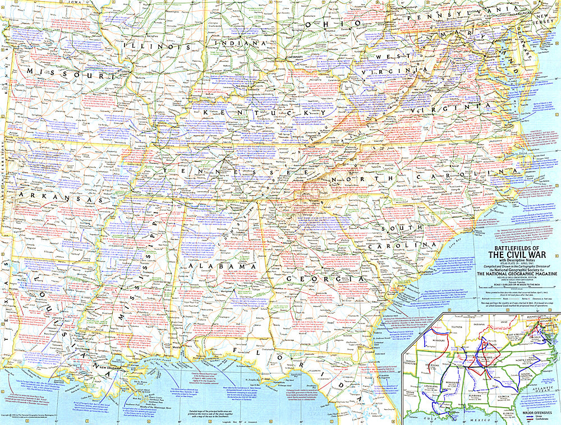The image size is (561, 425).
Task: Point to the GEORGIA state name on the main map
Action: click(x=324, y=278)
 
